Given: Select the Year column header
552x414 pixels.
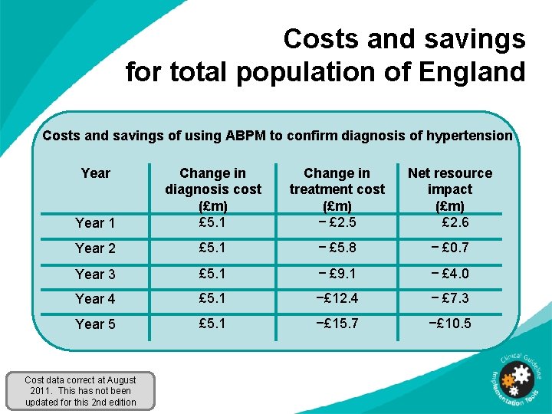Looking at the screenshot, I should [x=95, y=173].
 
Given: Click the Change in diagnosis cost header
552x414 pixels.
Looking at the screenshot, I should [x=212, y=189].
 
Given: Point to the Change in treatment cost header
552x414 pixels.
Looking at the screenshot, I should [x=337, y=189].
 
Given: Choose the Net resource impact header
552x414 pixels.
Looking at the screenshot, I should [x=450, y=189].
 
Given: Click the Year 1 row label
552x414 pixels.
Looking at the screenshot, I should [x=95, y=223].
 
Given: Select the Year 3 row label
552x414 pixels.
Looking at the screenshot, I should [x=95, y=274].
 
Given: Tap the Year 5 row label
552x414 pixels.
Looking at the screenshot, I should [x=95, y=324].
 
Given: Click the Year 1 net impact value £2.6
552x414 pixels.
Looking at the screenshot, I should [x=455, y=222].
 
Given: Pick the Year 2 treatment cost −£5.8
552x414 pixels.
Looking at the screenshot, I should [x=337, y=248].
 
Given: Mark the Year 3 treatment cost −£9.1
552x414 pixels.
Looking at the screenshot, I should [x=337, y=274].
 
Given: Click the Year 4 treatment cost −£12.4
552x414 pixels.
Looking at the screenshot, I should [x=337, y=298].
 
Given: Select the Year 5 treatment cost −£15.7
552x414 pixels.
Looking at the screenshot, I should [x=337, y=324].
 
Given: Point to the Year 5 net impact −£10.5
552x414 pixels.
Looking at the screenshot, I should [x=450, y=324].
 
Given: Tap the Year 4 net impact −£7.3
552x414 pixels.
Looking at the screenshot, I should [x=450, y=298].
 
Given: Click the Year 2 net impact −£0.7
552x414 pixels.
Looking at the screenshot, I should [x=450, y=248].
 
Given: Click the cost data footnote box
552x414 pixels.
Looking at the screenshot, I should [x=80, y=391].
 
